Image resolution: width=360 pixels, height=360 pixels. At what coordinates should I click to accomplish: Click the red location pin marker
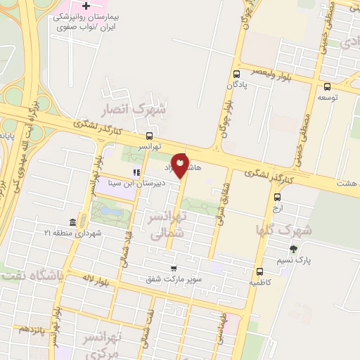click(181, 165)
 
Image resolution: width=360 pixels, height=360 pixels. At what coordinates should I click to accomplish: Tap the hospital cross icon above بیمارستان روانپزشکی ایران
click(86, 6)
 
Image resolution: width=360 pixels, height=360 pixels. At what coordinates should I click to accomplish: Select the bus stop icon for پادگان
click(236, 73)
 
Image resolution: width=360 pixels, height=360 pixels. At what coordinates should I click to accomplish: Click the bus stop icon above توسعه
click(326, 88)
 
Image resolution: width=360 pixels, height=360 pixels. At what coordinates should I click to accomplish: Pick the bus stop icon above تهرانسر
click(149, 136)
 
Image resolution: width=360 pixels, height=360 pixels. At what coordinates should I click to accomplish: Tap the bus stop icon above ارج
click(276, 198)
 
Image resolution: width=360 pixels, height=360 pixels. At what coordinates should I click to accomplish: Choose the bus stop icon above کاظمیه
click(260, 271)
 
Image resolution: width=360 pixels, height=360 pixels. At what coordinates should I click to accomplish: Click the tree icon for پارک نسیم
click(293, 248)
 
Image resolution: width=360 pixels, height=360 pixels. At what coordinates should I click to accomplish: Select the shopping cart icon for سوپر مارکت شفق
click(174, 269)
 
